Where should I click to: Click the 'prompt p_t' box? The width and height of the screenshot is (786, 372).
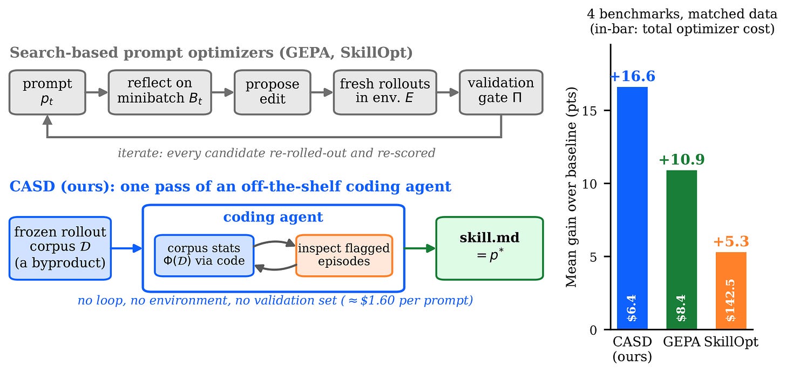click(x=48, y=92)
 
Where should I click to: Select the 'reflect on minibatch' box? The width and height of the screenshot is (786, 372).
click(x=160, y=92)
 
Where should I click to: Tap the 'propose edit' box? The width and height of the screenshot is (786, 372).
click(x=272, y=92)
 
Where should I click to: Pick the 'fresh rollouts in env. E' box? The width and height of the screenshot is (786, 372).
click(x=385, y=92)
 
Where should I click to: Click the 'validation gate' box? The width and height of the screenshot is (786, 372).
click(x=501, y=92)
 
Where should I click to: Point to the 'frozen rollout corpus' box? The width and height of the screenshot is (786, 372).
click(x=60, y=248)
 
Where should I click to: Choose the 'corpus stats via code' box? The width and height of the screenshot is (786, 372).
click(x=204, y=255)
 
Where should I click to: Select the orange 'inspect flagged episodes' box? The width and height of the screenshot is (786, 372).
click(x=344, y=255)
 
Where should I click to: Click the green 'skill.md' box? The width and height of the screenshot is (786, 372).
click(x=490, y=248)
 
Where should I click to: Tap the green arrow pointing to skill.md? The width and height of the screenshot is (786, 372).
click(x=420, y=248)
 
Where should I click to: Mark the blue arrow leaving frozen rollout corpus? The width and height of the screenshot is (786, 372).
click(x=127, y=248)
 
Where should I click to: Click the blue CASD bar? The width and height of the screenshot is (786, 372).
click(x=632, y=208)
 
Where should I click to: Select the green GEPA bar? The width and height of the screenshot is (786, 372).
click(x=681, y=250)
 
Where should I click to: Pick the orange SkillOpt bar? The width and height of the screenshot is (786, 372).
click(x=731, y=290)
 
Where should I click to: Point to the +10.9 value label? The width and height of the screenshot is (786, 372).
click(x=681, y=159)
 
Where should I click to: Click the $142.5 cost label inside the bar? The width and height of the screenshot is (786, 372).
click(x=730, y=300)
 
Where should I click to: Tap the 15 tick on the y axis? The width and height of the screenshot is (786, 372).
click(x=589, y=111)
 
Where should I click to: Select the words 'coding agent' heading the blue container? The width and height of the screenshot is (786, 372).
click(x=273, y=217)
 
